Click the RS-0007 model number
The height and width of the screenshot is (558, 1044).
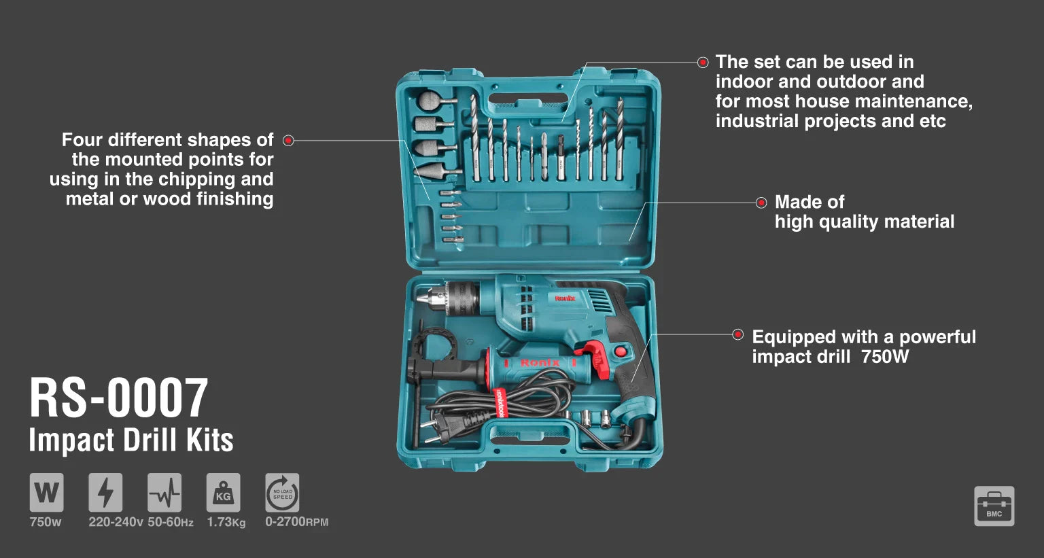coord(118,398)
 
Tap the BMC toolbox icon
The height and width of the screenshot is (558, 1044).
coord(994,506)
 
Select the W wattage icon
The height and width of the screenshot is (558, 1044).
coord(46,492)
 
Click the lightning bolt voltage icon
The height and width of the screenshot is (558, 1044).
coord(105,492)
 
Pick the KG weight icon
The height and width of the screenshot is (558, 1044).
coord(223,492)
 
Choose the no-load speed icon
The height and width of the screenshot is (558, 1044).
coord(282,492)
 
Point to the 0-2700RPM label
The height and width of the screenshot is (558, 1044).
coord(296,522)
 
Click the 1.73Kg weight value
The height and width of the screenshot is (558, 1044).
coord(226,522)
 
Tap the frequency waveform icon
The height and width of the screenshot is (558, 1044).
coord(164,492)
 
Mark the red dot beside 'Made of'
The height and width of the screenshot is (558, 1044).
coord(761,203)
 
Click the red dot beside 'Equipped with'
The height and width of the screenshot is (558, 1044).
coord(737,334)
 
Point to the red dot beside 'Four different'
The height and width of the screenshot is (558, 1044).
coord(288,141)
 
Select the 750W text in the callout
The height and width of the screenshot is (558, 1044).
coord(884,357)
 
